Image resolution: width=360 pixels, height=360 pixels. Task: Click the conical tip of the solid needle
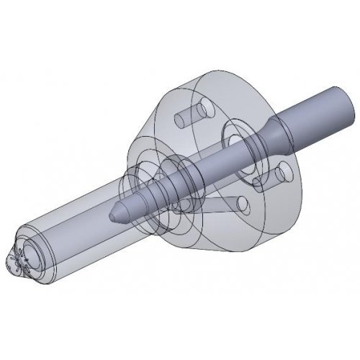pos(115,213)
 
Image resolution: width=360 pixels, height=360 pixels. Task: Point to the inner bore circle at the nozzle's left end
pos(33,256)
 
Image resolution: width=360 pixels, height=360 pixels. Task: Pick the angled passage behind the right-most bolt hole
pos(266,169)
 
